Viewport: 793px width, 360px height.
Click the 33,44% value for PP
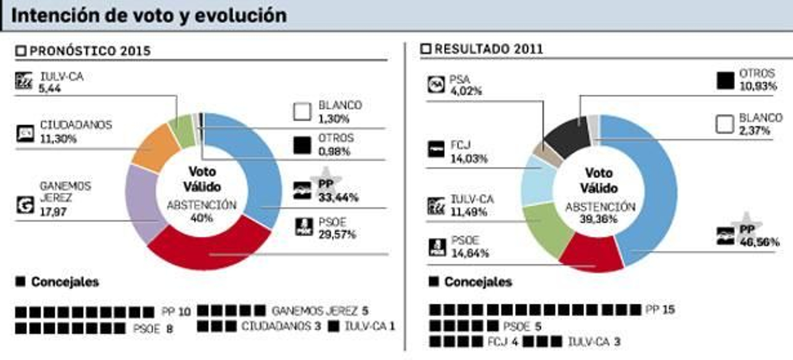click(x=338, y=197)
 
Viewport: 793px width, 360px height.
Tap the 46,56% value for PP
click(x=759, y=242)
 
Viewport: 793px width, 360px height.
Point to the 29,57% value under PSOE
click(x=337, y=234)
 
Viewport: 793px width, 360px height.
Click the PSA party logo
click(x=436, y=84)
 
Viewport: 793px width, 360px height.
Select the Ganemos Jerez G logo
click(x=25, y=204)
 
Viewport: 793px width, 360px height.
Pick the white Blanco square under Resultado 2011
click(x=725, y=124)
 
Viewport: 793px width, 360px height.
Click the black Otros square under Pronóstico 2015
click(x=302, y=145)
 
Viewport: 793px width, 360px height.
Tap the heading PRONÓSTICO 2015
click(x=90, y=51)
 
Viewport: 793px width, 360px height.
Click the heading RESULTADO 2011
click(x=488, y=49)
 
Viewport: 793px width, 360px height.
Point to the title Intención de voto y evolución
click(x=149, y=15)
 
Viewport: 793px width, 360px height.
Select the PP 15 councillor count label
click(x=660, y=309)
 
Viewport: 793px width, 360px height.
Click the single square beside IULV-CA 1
click(x=334, y=326)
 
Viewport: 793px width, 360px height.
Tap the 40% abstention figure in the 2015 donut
click(x=202, y=218)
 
